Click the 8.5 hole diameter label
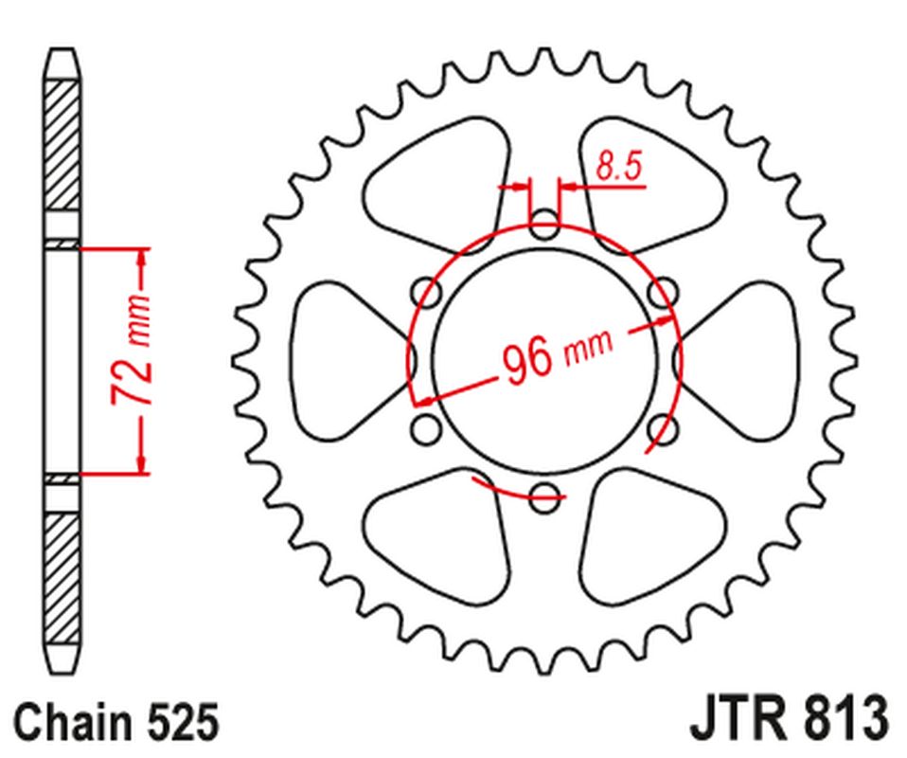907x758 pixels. pyautogui.click(x=619, y=166)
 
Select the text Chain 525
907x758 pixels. pyautogui.click(x=116, y=722)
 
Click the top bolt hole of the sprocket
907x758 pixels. pyautogui.click(x=544, y=226)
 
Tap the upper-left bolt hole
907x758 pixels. pyautogui.click(x=426, y=293)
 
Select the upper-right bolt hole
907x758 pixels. pyautogui.click(x=663, y=293)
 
